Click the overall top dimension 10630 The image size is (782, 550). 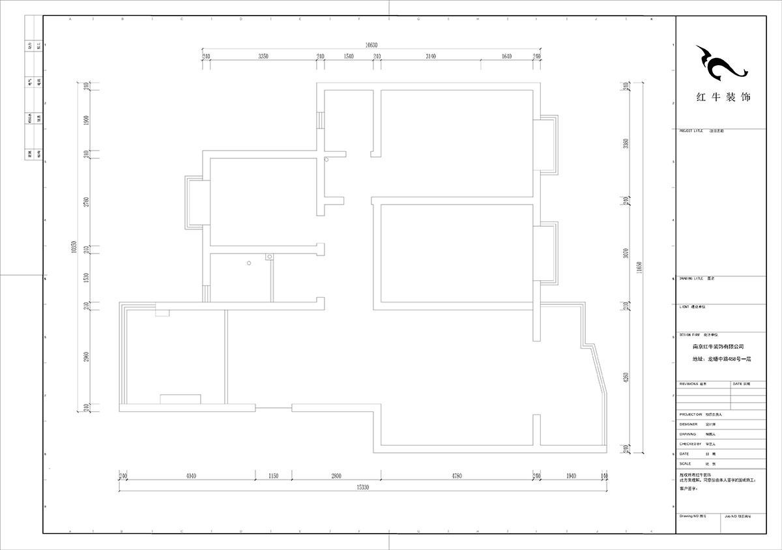tap(371, 45)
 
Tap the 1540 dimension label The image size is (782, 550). tap(348, 57)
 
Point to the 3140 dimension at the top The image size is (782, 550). tap(431, 57)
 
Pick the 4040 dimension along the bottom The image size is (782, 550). tap(191, 476)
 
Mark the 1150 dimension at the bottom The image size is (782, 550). tap(273, 476)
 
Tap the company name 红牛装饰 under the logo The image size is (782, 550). tap(723, 98)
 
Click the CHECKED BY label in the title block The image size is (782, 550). tap(691, 444)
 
